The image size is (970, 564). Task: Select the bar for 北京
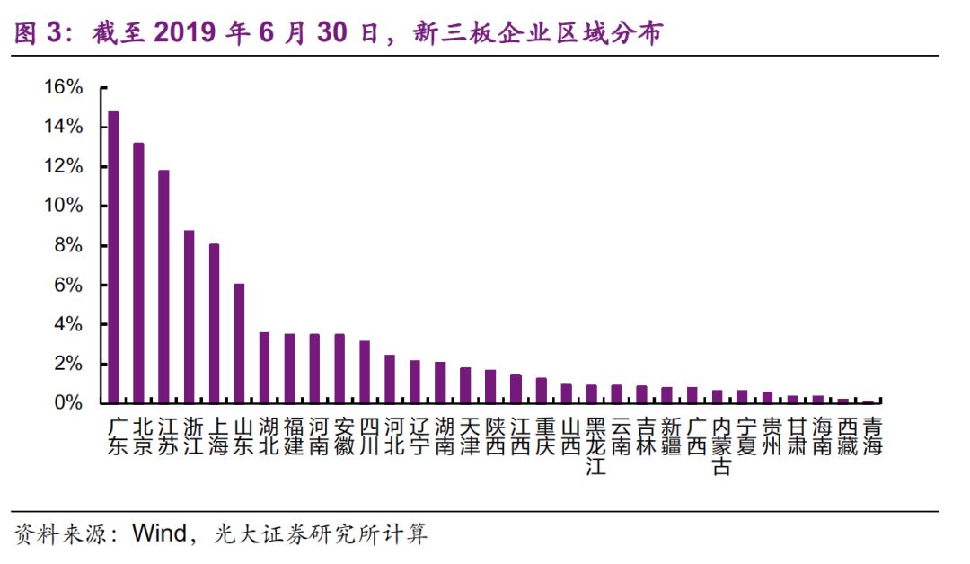138,273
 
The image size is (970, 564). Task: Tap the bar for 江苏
163,286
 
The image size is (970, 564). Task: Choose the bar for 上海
214,323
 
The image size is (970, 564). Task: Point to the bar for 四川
365,372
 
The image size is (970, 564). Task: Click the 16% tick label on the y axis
63,88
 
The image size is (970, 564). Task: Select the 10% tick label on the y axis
63,207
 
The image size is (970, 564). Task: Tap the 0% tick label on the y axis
68,403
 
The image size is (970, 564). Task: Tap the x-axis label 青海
871,436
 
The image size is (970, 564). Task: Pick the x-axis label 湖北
269,436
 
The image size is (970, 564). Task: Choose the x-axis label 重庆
545,436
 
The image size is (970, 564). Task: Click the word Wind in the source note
160,534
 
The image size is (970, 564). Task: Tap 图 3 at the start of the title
38,33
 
